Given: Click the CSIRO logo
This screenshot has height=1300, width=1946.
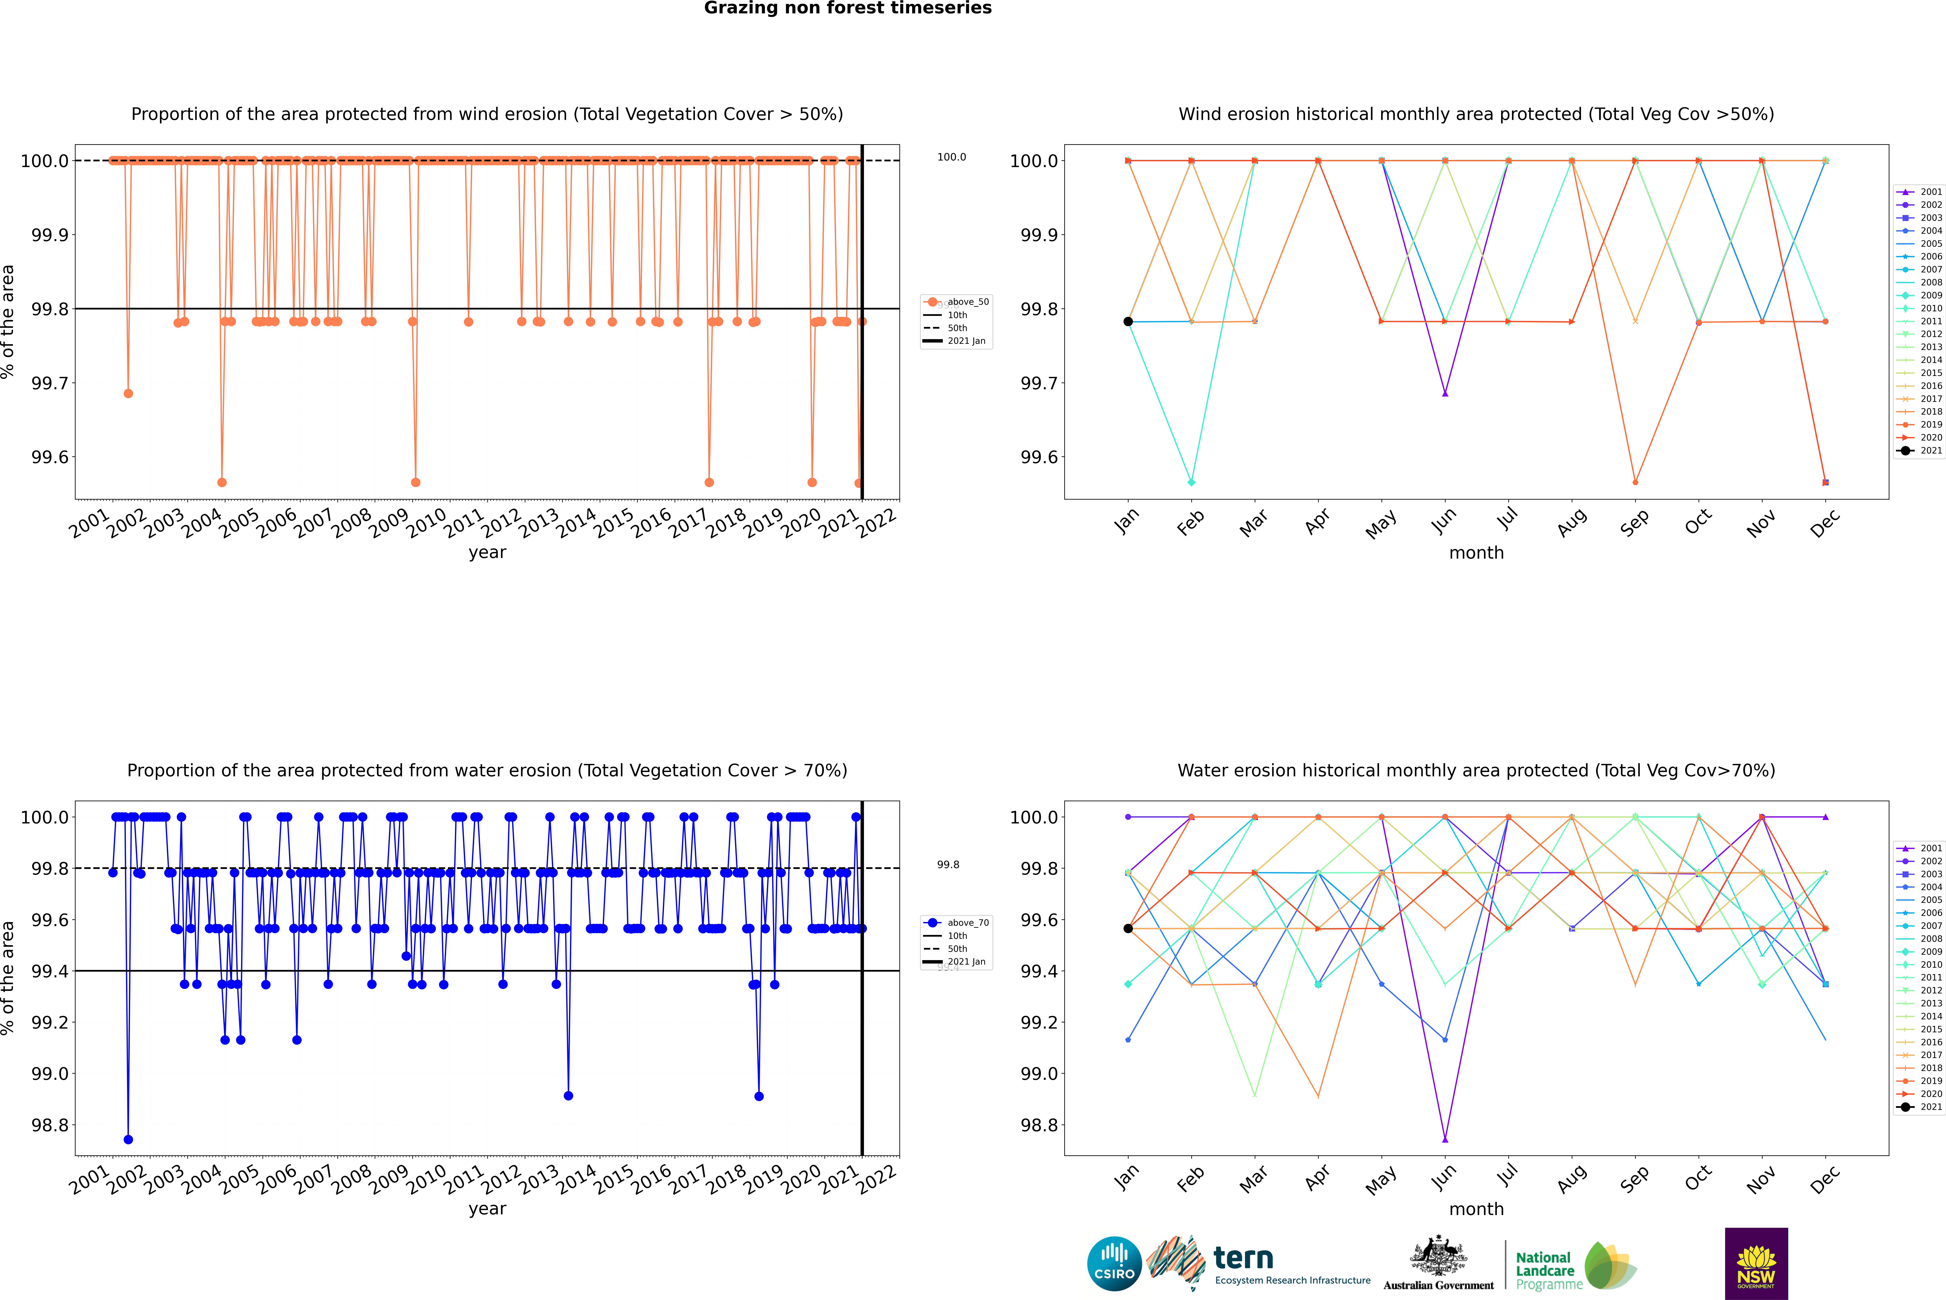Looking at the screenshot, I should [x=1114, y=1264].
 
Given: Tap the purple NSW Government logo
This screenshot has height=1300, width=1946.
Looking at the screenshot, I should [x=1756, y=1264].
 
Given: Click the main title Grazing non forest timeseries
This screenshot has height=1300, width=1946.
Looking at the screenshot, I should [x=848, y=8].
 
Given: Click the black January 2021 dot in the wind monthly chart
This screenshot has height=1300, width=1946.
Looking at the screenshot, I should [x=1128, y=322].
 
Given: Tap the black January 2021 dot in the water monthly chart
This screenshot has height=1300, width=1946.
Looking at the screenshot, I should [x=1128, y=929].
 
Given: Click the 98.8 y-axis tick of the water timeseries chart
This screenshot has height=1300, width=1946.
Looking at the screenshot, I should [x=50, y=1125].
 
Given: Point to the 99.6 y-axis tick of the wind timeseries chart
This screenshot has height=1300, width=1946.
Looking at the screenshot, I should [x=50, y=458].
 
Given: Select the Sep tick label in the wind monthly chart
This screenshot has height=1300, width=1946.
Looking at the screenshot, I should [x=1634, y=522].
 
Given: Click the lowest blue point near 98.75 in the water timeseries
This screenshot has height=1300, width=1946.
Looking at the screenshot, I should [x=128, y=1139].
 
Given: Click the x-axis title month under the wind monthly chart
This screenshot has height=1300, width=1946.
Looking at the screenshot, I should [x=1476, y=553].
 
